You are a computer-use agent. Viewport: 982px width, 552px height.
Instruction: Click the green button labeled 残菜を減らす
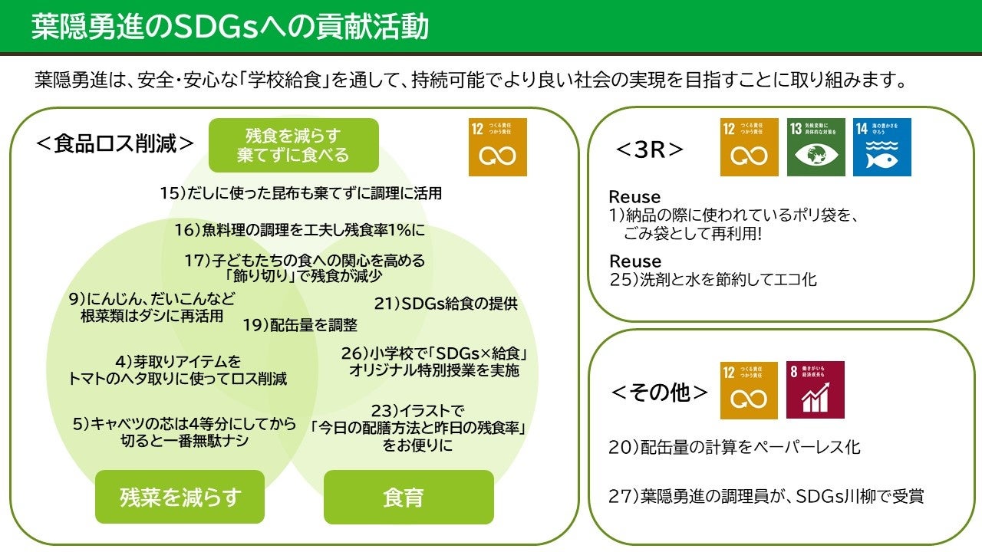pos(180,497)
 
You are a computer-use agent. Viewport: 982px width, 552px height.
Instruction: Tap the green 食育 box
pos(408,497)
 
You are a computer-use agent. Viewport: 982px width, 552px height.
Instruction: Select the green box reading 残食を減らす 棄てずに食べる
pos(294,145)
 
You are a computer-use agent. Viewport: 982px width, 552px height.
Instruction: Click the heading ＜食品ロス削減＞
pos(115,144)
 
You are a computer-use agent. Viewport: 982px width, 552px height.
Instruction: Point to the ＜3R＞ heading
pos(649,149)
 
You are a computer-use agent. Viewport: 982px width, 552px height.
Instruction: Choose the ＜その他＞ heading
pos(660,393)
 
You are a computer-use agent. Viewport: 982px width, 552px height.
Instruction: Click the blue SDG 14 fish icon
pos(881,147)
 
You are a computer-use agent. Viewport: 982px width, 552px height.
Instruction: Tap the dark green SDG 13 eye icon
pos(816,147)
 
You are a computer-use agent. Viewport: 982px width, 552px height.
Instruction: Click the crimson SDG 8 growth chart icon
pos(815,389)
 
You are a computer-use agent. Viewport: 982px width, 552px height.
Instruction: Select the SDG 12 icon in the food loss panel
pos(497,147)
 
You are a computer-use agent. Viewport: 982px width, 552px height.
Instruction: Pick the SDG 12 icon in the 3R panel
pos(749,147)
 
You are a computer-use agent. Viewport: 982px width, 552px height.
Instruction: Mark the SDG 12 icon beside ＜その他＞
pos(749,389)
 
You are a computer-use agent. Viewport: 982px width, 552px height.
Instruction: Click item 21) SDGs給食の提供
pos(446,304)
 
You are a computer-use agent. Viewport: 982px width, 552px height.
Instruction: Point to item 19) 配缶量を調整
pos(300,325)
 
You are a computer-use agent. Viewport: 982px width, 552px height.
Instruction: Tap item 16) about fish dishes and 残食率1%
pos(299,229)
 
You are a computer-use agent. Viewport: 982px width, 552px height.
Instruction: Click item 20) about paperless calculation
pos(734,447)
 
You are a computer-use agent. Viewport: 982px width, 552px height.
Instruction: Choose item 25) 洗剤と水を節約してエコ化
pos(713,280)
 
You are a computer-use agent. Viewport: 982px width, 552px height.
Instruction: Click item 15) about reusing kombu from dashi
pos(301,193)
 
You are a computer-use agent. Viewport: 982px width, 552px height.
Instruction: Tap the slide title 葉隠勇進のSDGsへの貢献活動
pos(230,26)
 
